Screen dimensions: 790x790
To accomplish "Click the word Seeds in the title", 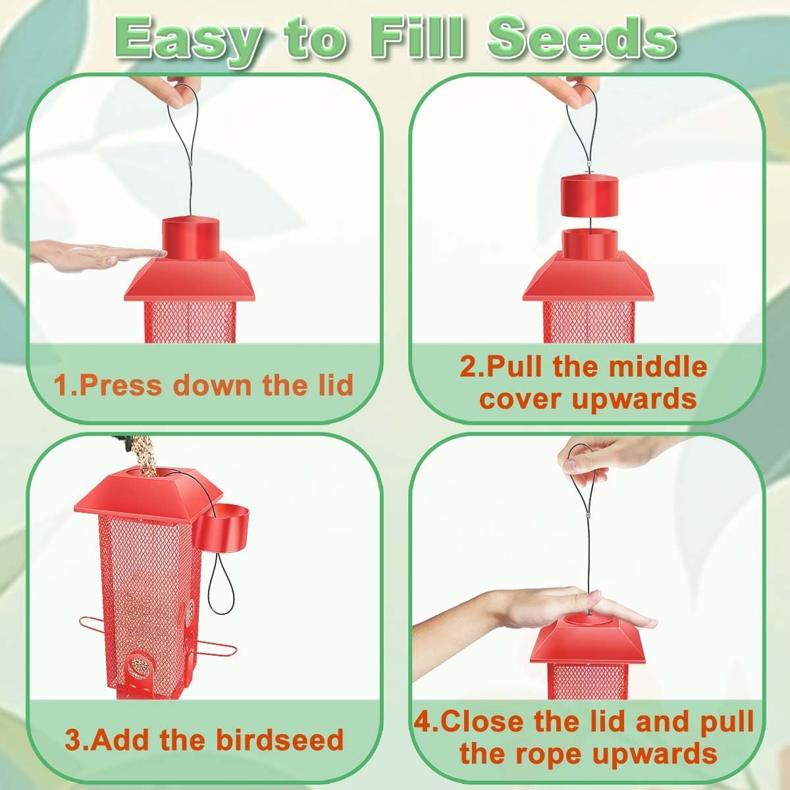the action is [x=581, y=41].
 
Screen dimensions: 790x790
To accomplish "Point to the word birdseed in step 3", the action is [x=280, y=739].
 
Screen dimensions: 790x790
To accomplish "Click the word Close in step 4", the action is [x=481, y=721].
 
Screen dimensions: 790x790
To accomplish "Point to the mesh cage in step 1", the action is [x=190, y=322].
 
